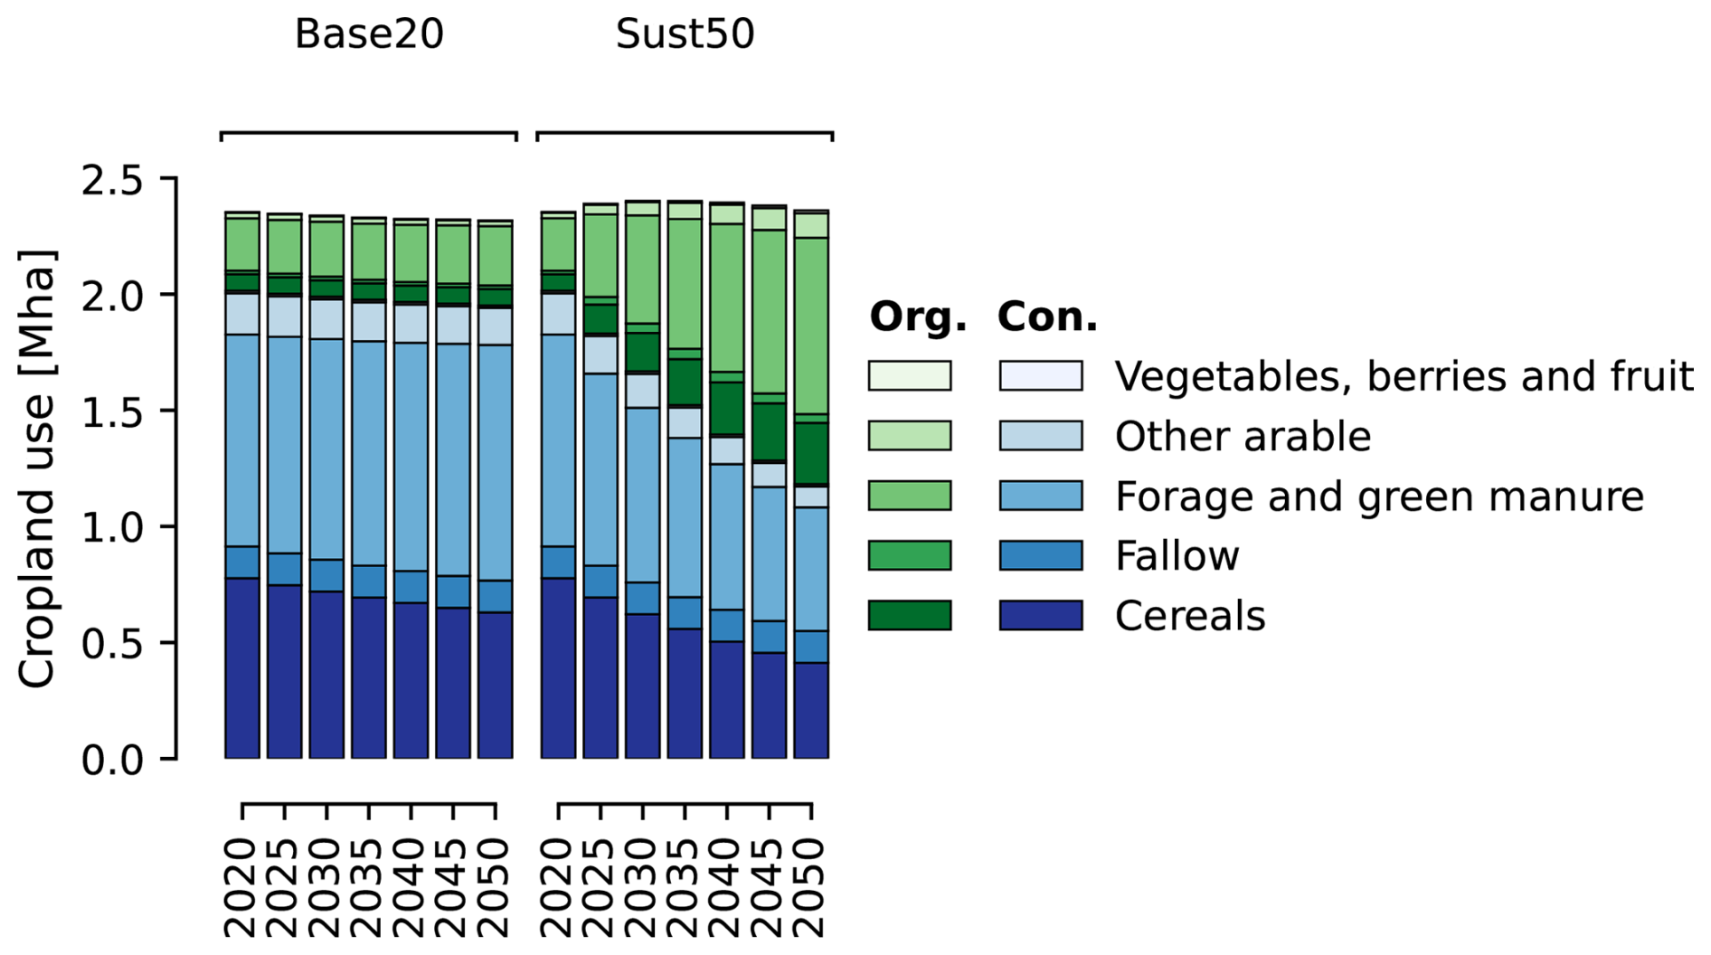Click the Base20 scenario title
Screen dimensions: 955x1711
369,34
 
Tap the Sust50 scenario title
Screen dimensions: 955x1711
685,34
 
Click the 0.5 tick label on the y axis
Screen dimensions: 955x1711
112,644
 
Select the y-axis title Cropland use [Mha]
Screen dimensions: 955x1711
38,468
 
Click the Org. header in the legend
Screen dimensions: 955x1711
917,317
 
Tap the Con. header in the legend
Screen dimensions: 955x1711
1047,317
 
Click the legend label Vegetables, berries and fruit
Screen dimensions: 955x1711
1404,376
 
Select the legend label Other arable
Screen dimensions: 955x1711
1243,437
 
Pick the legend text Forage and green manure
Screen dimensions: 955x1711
1379,496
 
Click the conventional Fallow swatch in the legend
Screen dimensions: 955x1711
1040,555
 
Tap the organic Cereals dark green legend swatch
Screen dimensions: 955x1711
909,615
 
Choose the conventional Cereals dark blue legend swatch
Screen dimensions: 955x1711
1040,615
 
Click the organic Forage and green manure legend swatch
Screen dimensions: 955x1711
909,496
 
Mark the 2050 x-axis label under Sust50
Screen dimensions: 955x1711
811,886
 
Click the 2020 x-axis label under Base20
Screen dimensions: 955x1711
242,886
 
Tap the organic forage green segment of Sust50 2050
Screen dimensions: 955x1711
811,326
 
